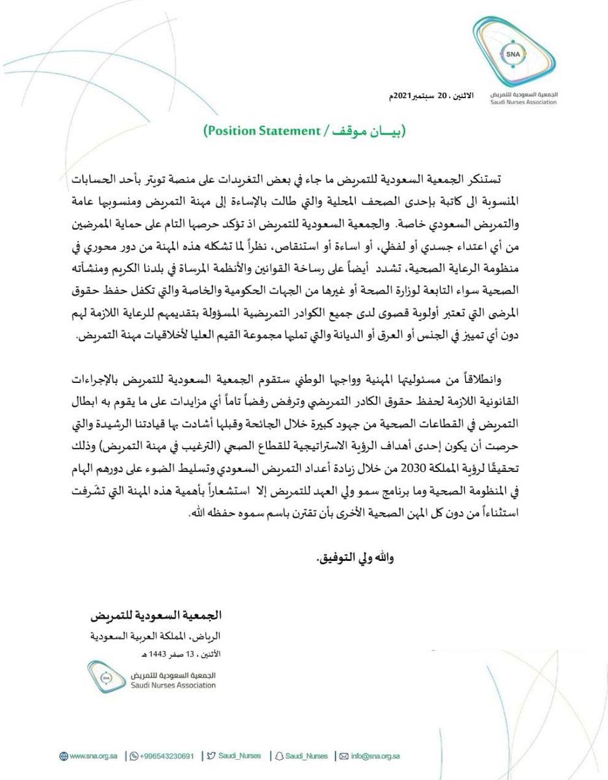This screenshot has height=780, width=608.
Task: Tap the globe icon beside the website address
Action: (x=63, y=756)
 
